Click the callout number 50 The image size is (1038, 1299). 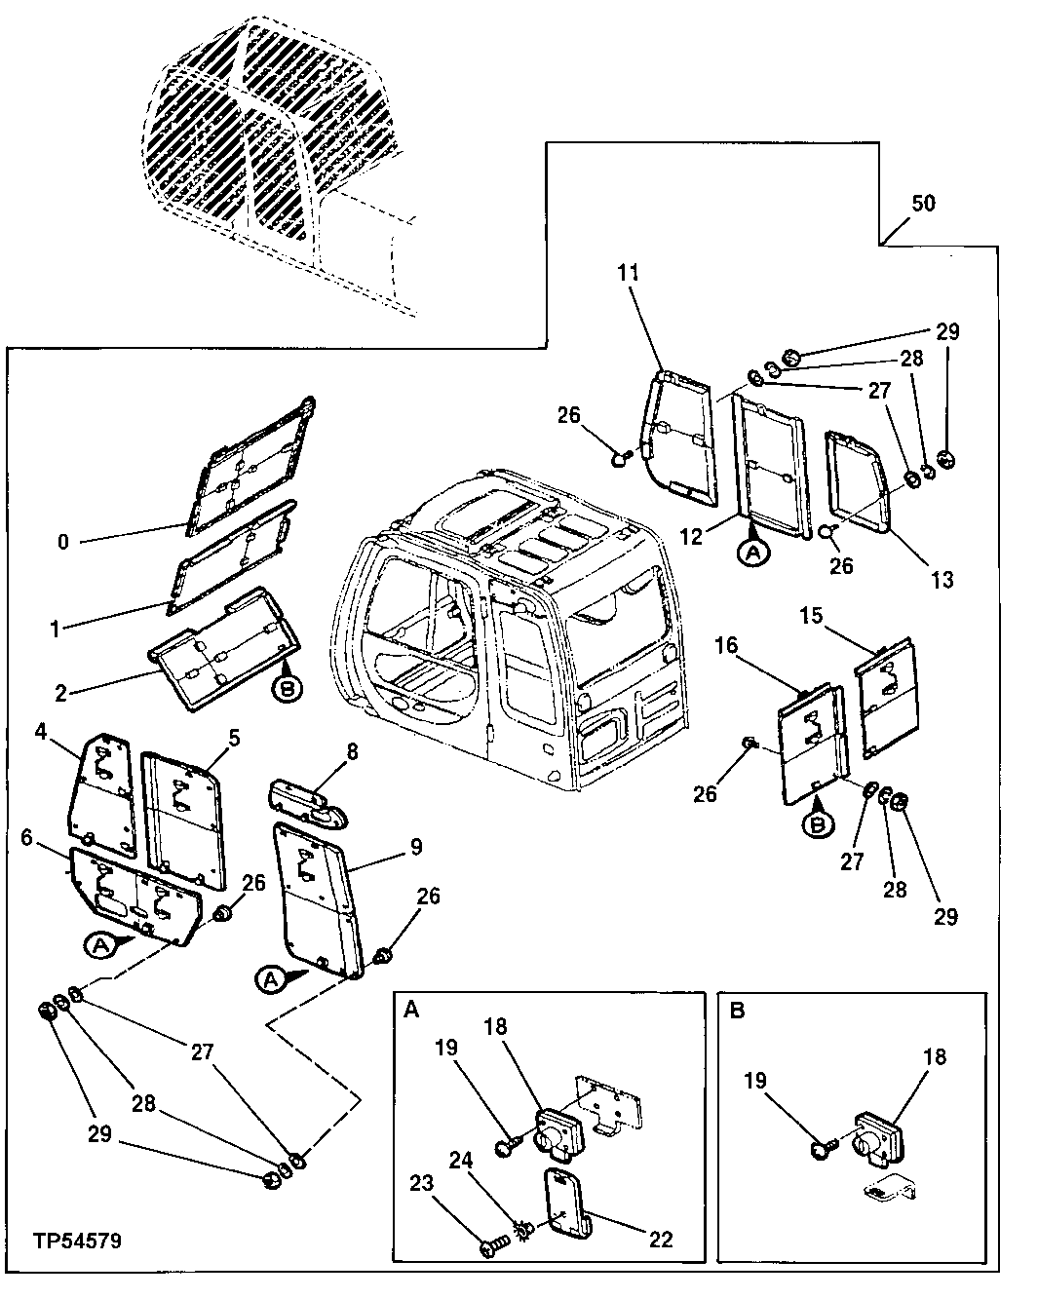point(923,203)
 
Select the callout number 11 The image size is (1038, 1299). point(629,273)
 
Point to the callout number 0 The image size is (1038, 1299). point(63,542)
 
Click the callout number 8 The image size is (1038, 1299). point(352,750)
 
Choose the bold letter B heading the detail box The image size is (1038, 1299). point(737,1011)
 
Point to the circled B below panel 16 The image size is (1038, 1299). point(818,823)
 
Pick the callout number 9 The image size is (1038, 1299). point(416,847)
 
